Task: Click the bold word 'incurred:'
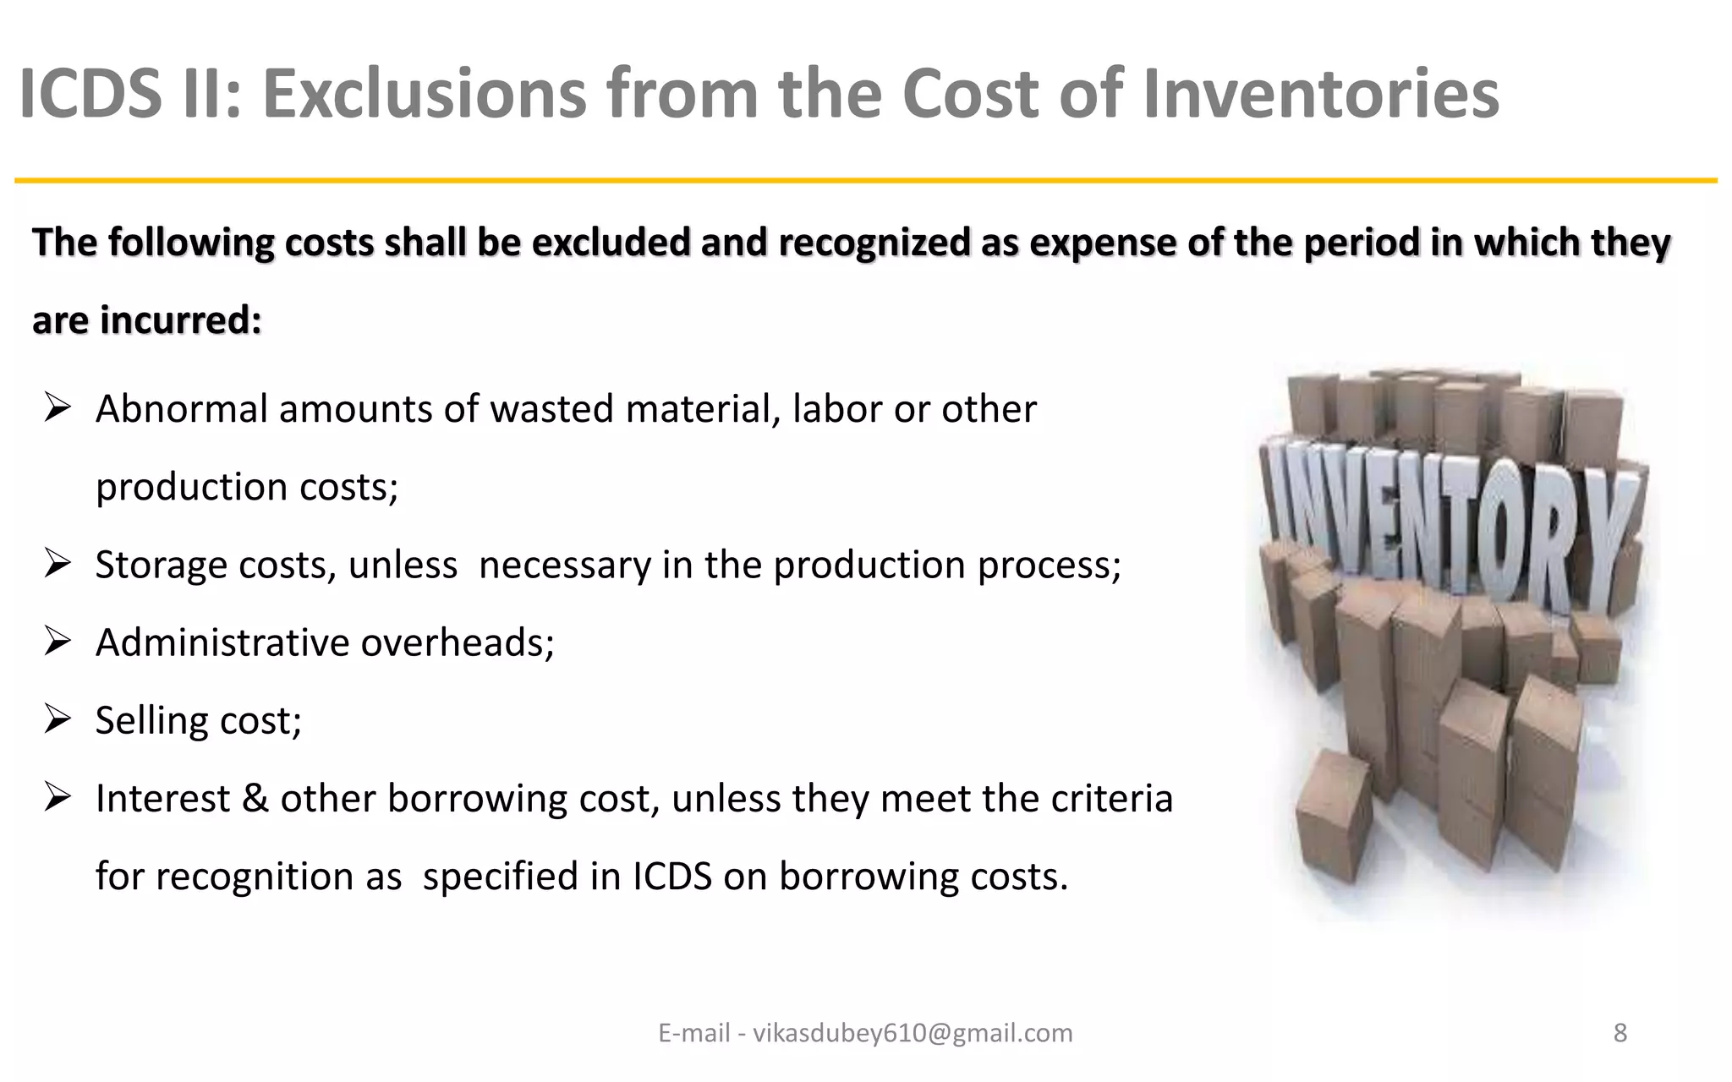click(x=181, y=320)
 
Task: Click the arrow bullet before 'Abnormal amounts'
click(x=57, y=409)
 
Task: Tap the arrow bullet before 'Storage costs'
click(x=57, y=565)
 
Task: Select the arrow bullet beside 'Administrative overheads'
click(x=57, y=642)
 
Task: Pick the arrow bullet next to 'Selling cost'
click(x=57, y=720)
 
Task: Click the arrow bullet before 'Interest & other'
click(x=57, y=798)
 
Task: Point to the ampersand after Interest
click(x=255, y=799)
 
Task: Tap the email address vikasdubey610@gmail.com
click(x=913, y=1033)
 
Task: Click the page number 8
click(x=1620, y=1033)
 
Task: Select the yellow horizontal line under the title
click(x=865, y=181)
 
